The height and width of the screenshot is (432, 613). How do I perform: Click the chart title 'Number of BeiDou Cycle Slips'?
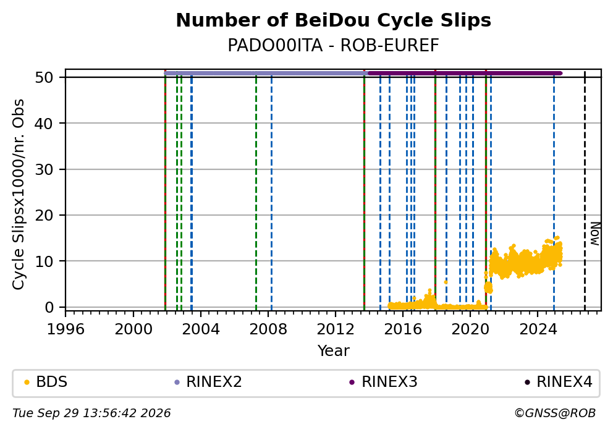pos(334,20)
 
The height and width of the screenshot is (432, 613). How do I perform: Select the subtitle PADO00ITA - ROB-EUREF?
pos(334,45)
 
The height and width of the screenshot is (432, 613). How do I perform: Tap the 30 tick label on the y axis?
pos(44,169)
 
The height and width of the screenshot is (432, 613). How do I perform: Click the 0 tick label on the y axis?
pos(49,307)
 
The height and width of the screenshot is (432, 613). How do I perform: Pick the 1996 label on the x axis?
pos(66,329)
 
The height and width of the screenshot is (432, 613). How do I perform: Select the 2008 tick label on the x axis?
pos(268,329)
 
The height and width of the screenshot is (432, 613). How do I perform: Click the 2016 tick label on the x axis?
pos(403,329)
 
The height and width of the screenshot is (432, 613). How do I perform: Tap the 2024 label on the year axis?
pos(538,329)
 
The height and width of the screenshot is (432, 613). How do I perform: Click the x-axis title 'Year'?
pos(334,350)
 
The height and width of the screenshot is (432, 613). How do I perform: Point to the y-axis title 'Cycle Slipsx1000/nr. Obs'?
pos(18,194)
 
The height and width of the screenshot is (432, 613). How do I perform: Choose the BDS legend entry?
pos(46,381)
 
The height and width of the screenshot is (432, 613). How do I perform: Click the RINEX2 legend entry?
pos(208,381)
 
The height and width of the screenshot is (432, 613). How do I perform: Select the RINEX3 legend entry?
pos(384,381)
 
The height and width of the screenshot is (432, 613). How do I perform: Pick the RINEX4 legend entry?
pos(559,381)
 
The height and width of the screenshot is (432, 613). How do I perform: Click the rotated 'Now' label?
pos(594,234)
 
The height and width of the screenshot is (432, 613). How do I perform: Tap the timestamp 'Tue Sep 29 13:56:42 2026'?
pos(91,413)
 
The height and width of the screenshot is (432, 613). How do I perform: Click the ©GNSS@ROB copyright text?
pos(555,413)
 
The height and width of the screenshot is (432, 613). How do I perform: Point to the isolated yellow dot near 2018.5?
pos(446,282)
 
